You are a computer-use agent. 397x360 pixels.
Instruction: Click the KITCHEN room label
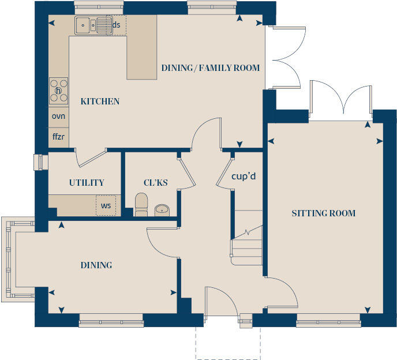point(100,102)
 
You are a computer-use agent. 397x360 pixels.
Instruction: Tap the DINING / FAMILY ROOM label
point(210,68)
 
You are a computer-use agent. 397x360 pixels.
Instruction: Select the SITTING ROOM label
point(323,213)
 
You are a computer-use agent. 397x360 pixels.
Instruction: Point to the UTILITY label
point(87,183)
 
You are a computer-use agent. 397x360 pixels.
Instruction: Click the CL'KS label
point(156,183)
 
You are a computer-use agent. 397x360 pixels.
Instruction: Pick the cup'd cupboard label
point(244,176)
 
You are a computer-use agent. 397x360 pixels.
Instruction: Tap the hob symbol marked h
point(58,91)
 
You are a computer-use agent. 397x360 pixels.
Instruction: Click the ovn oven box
point(58,116)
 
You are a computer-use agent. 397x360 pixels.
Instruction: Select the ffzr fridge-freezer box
point(58,138)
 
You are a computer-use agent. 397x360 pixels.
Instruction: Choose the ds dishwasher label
point(117,25)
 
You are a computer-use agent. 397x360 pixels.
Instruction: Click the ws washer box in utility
point(106,205)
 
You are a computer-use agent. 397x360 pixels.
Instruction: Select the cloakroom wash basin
point(162,209)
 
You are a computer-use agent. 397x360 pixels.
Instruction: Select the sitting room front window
point(328,321)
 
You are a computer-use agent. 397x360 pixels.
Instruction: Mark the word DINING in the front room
point(96,265)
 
